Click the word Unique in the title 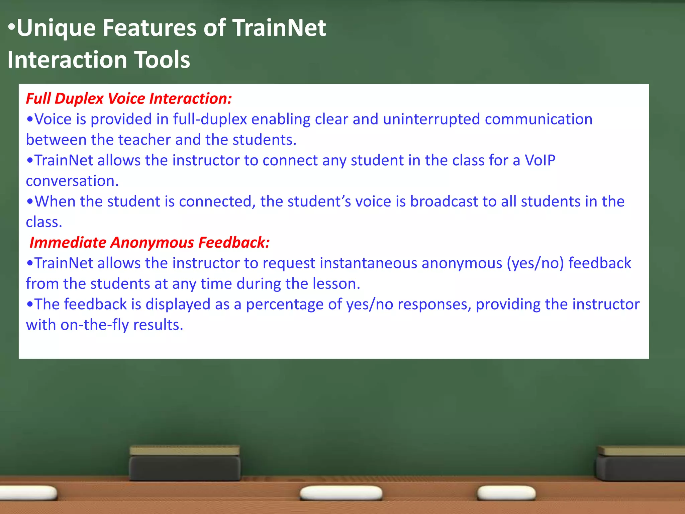(56, 28)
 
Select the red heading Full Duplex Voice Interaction (129, 99)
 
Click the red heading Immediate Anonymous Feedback (150, 243)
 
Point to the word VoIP (540, 161)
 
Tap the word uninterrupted (431, 119)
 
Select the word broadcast (444, 202)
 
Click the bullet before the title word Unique (11, 27)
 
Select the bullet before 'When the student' (30, 202)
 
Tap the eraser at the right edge (641, 463)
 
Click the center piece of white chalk (341, 493)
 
